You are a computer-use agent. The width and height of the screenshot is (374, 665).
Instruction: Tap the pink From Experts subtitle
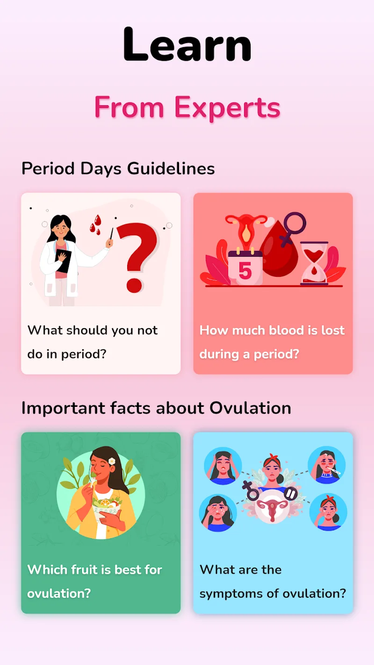187,108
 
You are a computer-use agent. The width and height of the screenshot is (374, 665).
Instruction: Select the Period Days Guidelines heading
118,168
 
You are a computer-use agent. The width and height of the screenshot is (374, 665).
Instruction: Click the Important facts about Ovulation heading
156,408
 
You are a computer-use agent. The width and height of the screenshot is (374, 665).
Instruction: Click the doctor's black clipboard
63,261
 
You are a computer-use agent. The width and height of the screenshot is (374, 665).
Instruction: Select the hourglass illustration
314,263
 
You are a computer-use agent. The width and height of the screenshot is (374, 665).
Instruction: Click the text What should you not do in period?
93,342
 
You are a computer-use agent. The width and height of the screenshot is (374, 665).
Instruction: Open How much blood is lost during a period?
272,342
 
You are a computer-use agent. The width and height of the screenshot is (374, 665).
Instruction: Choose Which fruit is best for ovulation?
94,581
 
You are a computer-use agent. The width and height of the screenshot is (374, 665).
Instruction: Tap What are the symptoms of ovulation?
273,581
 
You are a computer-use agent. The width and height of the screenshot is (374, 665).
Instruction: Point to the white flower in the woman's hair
112,461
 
